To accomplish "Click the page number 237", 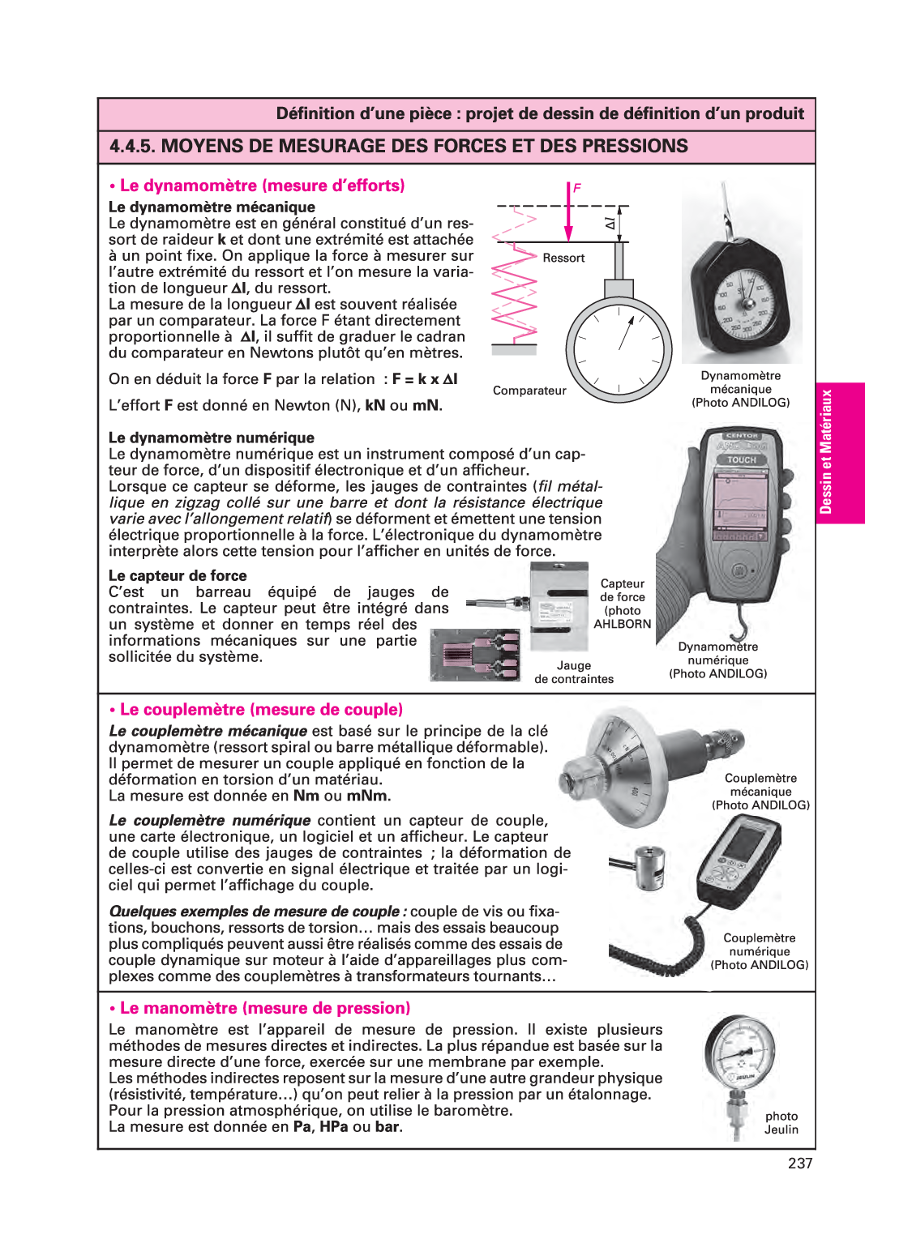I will (799, 1164).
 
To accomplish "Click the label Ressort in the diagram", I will (563, 258).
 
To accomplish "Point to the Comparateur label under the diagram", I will (529, 391).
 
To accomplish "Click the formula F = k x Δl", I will (425, 379).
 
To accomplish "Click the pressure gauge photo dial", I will (741, 1053).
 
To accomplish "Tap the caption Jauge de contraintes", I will (574, 673).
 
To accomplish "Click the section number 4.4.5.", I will (131, 147).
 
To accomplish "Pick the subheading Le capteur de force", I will (178, 576).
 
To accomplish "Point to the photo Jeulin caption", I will (781, 1123).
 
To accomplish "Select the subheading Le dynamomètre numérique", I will (212, 438).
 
